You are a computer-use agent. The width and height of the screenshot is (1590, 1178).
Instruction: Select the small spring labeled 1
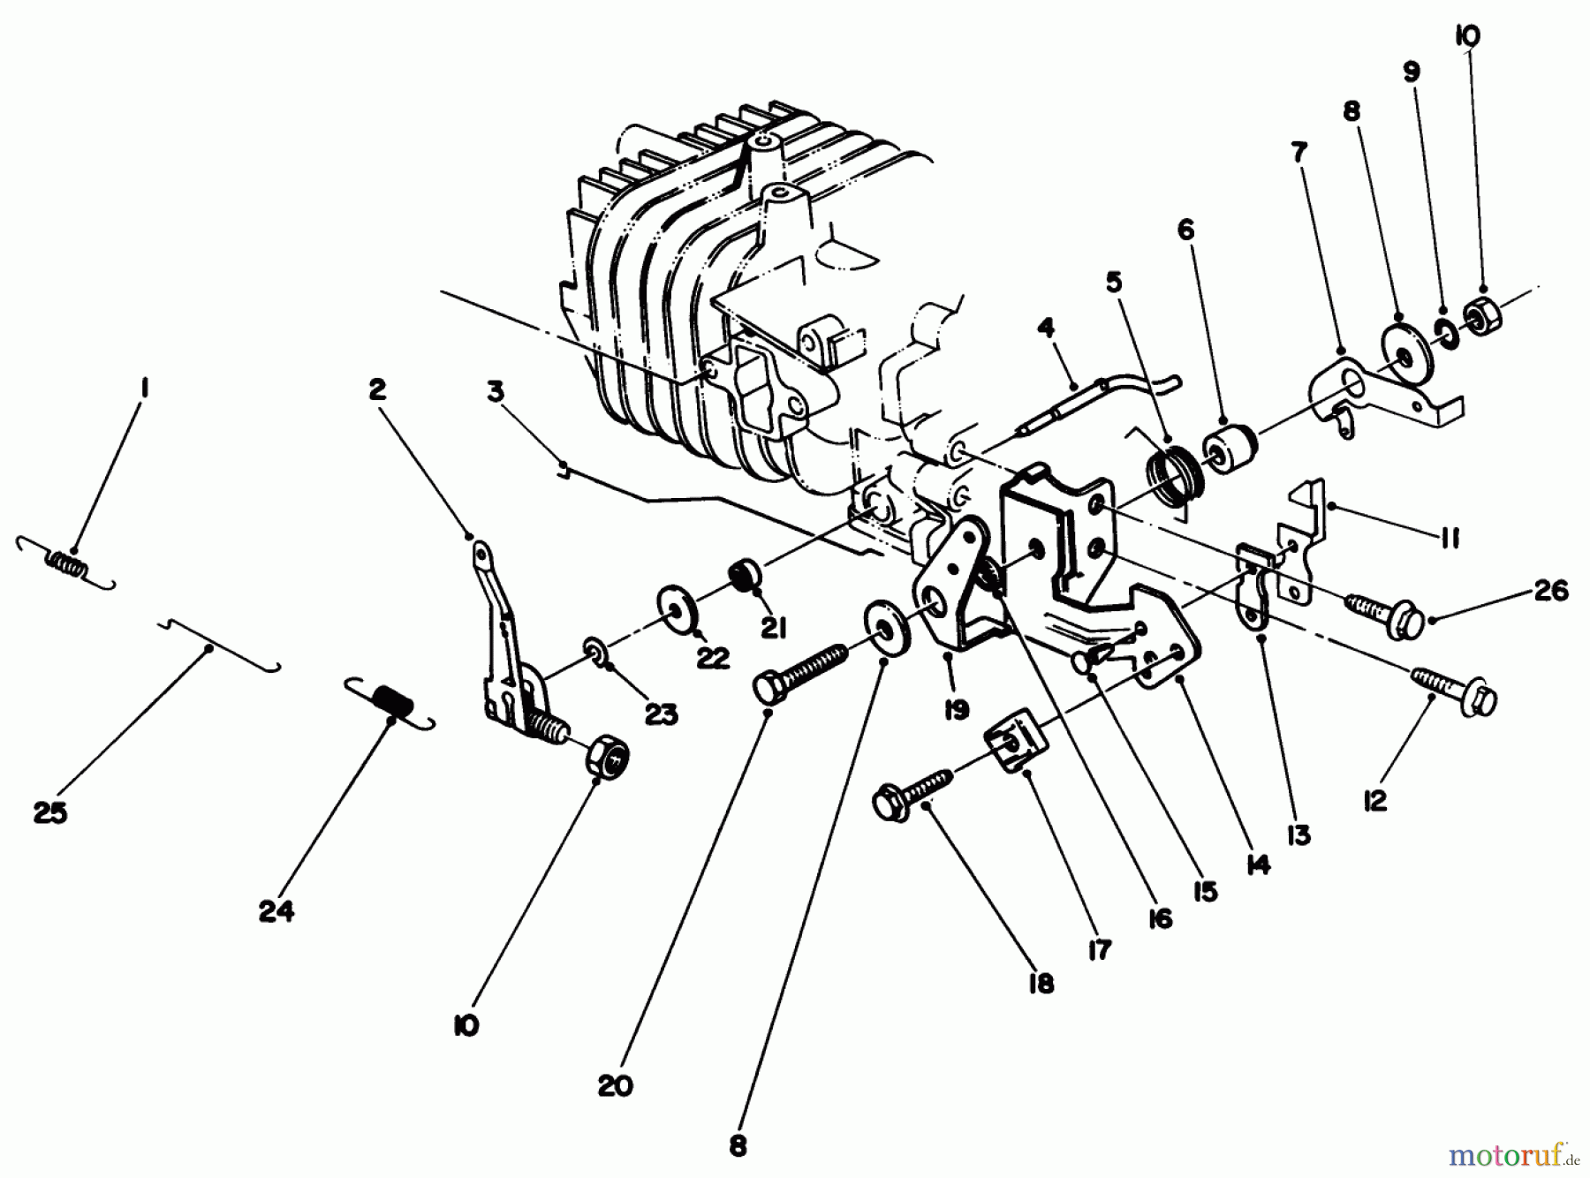coord(67,563)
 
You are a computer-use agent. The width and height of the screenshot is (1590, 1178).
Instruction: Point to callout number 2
coord(377,389)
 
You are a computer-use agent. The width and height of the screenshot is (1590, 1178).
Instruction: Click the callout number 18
coord(1042,984)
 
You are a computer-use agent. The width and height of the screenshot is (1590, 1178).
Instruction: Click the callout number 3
coord(495,391)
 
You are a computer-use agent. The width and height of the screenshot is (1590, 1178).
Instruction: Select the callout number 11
coord(1449,538)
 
